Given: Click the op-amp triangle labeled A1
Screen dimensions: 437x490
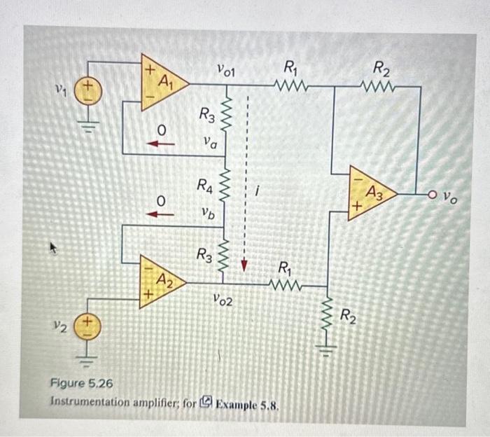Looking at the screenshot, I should tap(159, 83).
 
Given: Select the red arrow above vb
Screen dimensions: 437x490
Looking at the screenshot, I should tap(161, 214).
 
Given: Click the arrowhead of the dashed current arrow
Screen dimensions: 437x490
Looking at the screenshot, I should tap(245, 265).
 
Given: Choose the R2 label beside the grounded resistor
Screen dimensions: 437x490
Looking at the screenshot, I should tap(350, 314).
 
